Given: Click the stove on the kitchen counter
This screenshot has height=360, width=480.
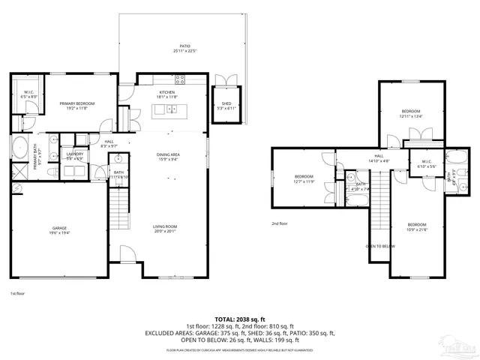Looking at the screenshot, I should [x=180, y=79].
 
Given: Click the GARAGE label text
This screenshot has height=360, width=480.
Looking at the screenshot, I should [x=60, y=228].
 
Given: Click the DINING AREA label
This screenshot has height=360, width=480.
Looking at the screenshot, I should [x=168, y=154].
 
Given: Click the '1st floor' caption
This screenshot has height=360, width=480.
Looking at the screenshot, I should [x=18, y=293].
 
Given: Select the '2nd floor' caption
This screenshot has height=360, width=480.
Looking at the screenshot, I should [x=279, y=223].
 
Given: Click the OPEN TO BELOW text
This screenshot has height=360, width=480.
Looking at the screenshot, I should [x=380, y=245].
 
